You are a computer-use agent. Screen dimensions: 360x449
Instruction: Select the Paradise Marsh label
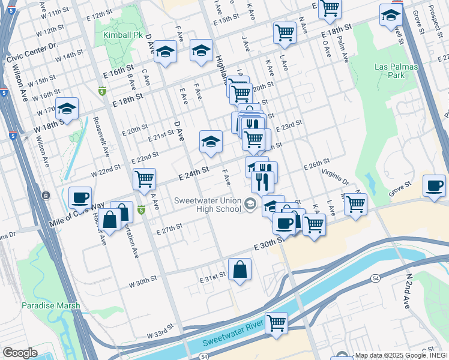pyautogui.click(x=51, y=305)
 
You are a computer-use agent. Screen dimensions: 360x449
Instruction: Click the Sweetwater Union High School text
pyautogui.click(x=208, y=205)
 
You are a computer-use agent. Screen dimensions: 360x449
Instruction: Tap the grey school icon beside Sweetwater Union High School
pyautogui.click(x=250, y=205)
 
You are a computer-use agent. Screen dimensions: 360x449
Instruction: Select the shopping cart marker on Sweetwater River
pyautogui.click(x=276, y=323)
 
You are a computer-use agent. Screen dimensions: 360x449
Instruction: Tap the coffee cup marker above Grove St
pyautogui.click(x=434, y=185)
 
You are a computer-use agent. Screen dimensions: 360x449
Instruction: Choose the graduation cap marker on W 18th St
pyautogui.click(x=67, y=109)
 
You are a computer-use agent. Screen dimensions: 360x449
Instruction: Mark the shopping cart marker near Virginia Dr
pyautogui.click(x=355, y=203)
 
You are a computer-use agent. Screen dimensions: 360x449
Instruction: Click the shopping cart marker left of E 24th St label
pyautogui.click(x=145, y=179)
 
